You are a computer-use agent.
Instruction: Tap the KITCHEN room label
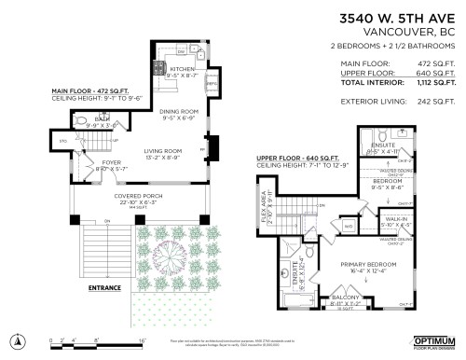[183, 69]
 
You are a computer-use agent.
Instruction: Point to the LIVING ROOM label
[164, 151]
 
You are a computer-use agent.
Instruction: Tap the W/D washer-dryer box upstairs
[347, 225]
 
